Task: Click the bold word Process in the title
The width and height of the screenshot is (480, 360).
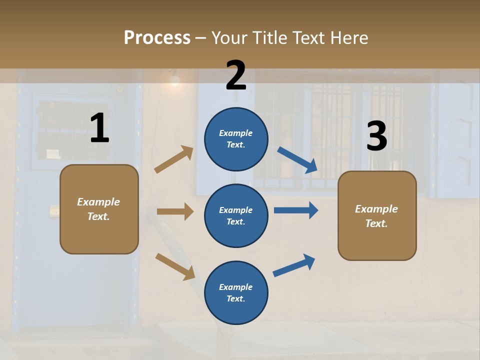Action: (x=157, y=38)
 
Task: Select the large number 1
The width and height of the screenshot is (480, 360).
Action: (x=99, y=128)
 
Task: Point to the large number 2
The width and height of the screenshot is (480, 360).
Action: (x=236, y=75)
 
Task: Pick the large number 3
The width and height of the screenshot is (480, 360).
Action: (x=376, y=136)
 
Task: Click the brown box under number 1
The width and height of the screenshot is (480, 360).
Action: (x=99, y=209)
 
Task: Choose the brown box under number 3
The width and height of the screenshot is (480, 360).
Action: (x=377, y=215)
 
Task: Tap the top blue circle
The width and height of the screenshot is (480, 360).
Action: (x=236, y=138)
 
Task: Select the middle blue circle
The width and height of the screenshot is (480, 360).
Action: (x=236, y=215)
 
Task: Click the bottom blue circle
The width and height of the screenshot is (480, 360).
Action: (x=236, y=292)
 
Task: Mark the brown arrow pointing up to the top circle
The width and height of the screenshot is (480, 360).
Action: (x=174, y=159)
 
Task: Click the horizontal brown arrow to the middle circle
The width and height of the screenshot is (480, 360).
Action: (x=175, y=211)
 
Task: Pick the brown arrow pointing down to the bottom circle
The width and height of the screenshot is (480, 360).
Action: (x=175, y=266)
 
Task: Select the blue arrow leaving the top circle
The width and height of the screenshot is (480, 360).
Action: (x=297, y=160)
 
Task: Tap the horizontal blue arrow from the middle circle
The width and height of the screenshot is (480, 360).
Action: (x=296, y=210)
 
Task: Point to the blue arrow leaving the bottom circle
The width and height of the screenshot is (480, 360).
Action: (x=294, y=265)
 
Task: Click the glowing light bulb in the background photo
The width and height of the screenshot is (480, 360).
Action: (x=175, y=80)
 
